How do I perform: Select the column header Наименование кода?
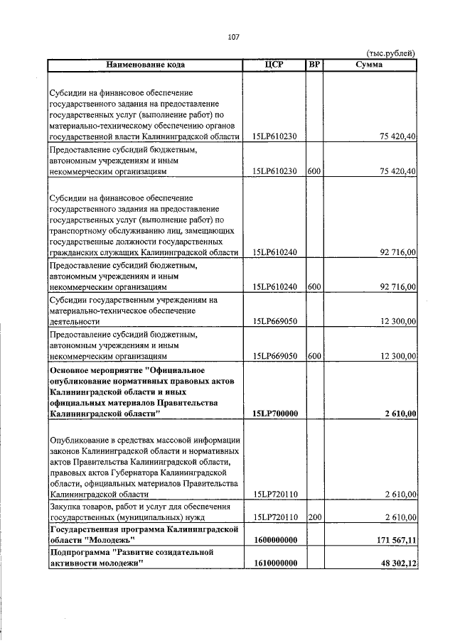[x=146, y=65]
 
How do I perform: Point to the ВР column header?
[x=314, y=65]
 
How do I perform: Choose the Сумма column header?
[x=369, y=65]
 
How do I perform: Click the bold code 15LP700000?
[x=274, y=413]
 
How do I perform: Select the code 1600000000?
[x=274, y=541]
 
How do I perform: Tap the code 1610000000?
[x=274, y=563]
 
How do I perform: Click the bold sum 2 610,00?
[x=400, y=413]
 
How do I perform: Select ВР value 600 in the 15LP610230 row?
[x=314, y=171]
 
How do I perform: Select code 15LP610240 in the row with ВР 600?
[x=274, y=287]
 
